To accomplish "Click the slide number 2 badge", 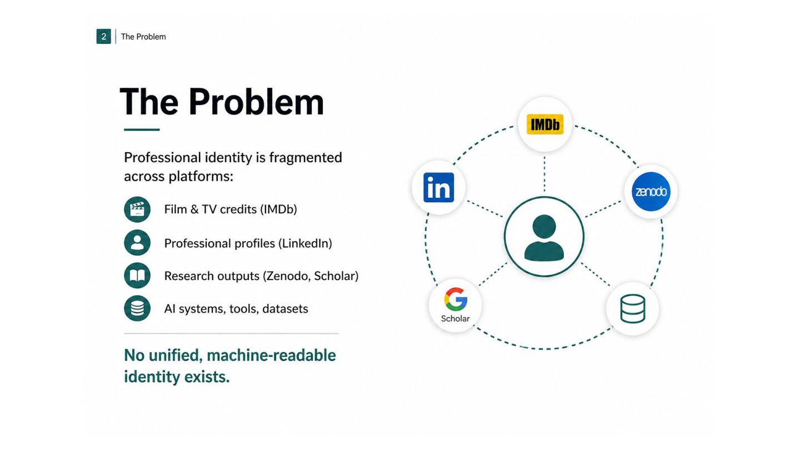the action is click(103, 37).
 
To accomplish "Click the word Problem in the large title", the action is click(256, 102).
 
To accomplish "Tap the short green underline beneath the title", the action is click(142, 129).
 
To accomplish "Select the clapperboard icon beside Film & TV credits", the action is click(137, 209).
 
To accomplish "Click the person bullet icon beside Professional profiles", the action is click(137, 242).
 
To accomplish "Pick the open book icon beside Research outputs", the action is click(137, 276).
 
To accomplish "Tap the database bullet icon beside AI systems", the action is click(137, 308).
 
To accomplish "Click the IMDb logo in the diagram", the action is click(545, 124).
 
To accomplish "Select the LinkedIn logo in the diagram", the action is click(438, 188).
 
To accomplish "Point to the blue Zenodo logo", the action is click(651, 192).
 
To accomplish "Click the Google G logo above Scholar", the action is click(456, 299).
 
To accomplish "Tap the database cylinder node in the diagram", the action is click(632, 308).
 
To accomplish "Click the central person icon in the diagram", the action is click(544, 238).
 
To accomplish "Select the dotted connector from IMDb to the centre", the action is click(544, 174).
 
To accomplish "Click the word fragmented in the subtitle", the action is click(306, 158).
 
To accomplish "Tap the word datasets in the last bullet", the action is click(285, 308).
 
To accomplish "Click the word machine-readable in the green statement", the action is click(271, 356).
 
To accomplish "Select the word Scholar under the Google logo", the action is click(456, 318).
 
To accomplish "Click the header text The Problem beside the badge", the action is click(143, 37).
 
